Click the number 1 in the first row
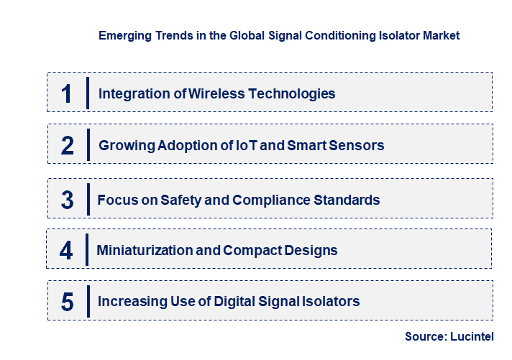tap(67, 93)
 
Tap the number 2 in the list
tap(67, 145)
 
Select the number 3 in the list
tap(67, 200)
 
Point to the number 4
tap(66, 251)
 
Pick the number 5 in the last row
tap(67, 302)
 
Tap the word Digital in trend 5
tap(239, 302)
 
